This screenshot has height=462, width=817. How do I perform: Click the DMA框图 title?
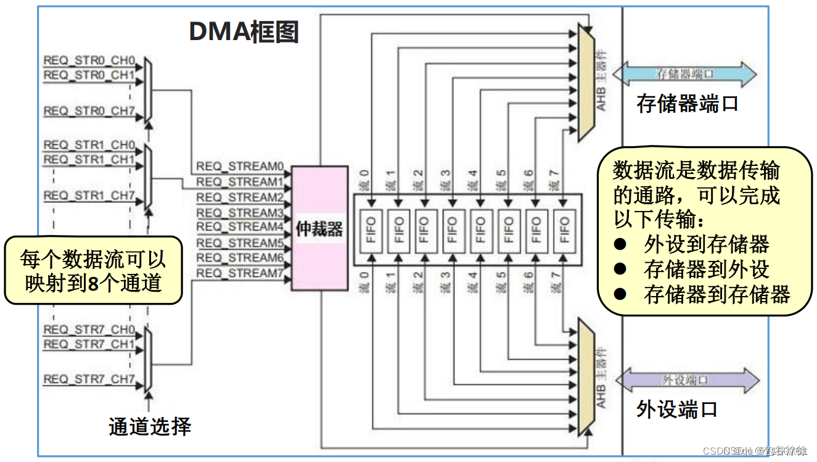(244, 32)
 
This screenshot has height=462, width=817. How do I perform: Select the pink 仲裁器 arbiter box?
(319, 229)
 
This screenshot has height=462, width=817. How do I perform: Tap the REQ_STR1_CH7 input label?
(89, 196)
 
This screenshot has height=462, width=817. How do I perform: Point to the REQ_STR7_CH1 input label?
(89, 344)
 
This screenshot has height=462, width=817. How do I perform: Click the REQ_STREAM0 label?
(239, 167)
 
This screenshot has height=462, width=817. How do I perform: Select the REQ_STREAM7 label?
(239, 273)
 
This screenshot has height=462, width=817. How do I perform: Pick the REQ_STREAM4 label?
(239, 227)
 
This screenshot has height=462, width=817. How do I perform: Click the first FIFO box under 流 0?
(371, 230)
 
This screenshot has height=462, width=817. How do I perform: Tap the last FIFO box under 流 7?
(563, 230)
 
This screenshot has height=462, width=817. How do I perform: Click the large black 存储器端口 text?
(687, 104)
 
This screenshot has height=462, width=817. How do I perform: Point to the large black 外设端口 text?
(676, 410)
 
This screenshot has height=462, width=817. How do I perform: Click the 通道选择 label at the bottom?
(150, 426)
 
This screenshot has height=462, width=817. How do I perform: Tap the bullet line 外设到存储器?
(706, 245)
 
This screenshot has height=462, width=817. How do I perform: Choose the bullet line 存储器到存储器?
(716, 294)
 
